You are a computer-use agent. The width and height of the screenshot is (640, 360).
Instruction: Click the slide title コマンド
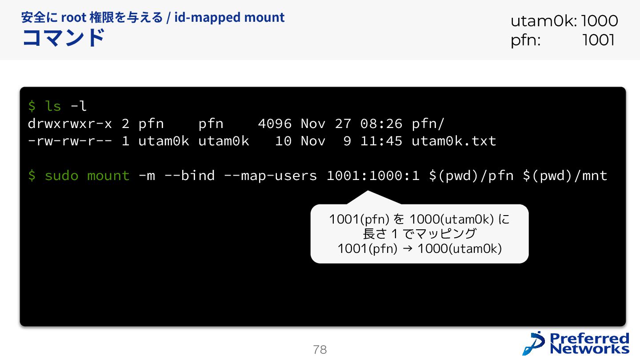click(63, 38)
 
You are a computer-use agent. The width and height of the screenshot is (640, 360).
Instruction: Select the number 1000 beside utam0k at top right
click(599, 21)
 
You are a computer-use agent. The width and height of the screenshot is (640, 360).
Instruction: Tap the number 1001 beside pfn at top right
click(598, 40)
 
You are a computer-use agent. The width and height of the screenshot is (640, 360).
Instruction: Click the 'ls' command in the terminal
click(53, 106)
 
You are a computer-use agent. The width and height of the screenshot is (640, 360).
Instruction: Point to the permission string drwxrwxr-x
click(70, 124)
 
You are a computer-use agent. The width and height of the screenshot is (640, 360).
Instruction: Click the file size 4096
click(275, 124)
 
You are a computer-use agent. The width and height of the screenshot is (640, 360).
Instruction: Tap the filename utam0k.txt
click(454, 141)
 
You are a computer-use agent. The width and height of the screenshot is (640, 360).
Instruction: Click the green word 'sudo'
click(61, 176)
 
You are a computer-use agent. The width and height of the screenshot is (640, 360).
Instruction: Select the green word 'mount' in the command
click(108, 176)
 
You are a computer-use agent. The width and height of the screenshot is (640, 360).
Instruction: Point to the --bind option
click(189, 176)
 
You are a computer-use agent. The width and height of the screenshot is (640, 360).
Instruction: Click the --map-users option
click(270, 176)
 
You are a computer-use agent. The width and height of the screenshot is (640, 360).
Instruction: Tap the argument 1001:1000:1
click(373, 176)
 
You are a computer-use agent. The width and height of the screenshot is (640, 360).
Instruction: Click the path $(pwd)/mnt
click(565, 176)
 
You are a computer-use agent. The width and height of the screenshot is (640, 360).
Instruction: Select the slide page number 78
click(320, 350)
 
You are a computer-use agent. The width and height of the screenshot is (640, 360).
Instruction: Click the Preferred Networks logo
click(576, 343)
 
